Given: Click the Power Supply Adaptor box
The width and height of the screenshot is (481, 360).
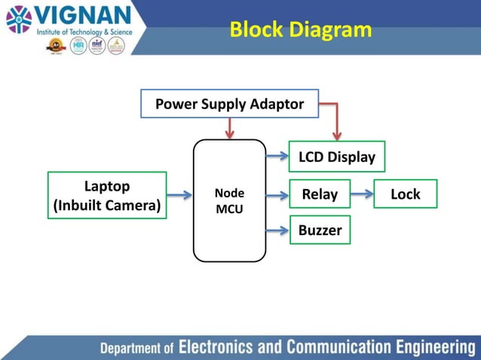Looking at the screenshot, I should [229, 104].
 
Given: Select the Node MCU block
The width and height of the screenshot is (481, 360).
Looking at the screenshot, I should [229, 200].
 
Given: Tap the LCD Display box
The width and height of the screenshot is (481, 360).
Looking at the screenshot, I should [336, 157].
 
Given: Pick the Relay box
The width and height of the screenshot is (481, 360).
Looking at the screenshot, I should [320, 194].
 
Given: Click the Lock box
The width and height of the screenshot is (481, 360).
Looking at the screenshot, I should [405, 194].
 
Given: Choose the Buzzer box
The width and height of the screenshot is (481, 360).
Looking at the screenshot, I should [320, 230].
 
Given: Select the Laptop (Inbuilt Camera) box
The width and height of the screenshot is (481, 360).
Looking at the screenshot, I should [106, 195].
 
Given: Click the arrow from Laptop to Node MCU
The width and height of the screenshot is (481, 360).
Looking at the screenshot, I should [179, 195].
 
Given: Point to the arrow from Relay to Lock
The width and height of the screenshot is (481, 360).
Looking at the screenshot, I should [362, 194].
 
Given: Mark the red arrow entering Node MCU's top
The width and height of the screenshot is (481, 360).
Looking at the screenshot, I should [229, 129].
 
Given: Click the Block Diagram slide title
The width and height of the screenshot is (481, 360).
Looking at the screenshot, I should [300, 29].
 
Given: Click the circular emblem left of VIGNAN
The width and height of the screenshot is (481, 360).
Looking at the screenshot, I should [19, 20].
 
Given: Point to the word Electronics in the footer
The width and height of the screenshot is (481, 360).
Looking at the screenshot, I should [216, 347].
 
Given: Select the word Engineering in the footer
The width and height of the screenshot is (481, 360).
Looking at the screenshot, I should [433, 347].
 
